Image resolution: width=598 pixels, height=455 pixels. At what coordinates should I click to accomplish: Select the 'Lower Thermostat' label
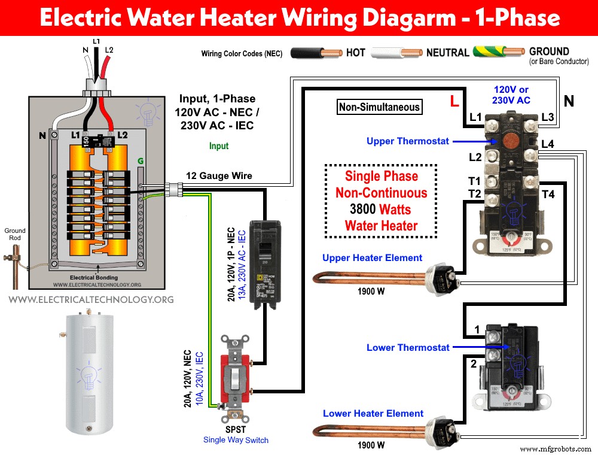pos(408,347)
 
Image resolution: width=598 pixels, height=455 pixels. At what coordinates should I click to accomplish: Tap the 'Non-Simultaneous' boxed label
pos(379,108)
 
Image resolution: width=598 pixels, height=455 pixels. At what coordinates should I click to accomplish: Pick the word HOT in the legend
pos(355,53)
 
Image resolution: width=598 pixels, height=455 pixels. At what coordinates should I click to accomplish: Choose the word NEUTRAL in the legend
pos(447,53)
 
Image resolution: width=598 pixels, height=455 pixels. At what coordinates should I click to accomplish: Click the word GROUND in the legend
pos(549,51)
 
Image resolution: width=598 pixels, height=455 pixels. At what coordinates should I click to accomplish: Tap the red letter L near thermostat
pos(454,102)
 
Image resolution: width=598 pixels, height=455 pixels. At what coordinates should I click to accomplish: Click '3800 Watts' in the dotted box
pos(381,210)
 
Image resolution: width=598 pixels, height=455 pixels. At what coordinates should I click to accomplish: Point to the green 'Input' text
pos(219,145)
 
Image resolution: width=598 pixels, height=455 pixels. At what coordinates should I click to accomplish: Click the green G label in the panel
pos(141,160)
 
